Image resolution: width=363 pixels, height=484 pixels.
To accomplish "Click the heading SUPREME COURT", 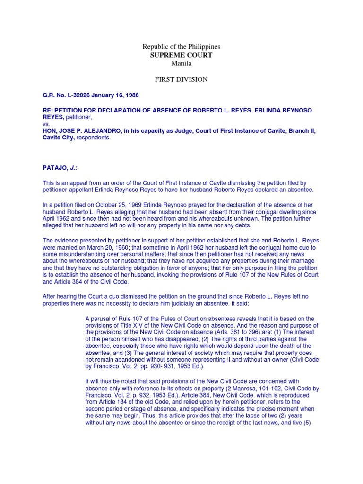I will pos(181,55).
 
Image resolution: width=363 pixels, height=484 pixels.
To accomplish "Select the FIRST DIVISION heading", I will pos(181,79).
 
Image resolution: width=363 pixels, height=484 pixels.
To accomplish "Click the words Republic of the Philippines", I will pos(181,47).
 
